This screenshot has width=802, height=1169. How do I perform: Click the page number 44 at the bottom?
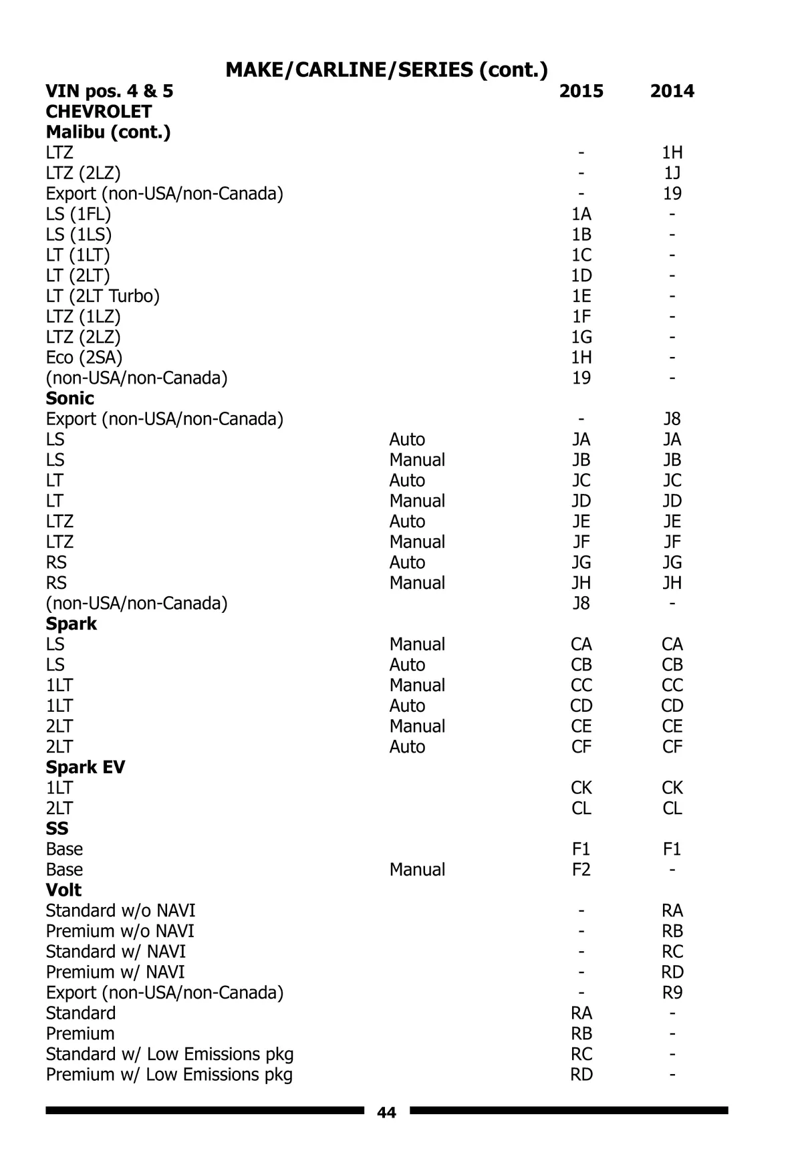pyautogui.click(x=386, y=1112)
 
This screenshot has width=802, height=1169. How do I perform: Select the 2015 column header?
pyautogui.click(x=581, y=91)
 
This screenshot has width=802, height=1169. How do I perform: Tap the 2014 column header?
pyautogui.click(x=672, y=91)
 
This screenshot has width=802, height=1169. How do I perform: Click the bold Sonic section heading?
pyautogui.click(x=70, y=398)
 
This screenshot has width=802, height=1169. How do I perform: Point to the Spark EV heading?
pyautogui.click(x=85, y=767)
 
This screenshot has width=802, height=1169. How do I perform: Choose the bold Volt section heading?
pyautogui.click(x=63, y=890)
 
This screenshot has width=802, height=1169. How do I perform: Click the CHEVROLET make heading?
pyautogui.click(x=98, y=112)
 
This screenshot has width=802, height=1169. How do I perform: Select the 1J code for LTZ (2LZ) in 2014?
pyautogui.click(x=672, y=173)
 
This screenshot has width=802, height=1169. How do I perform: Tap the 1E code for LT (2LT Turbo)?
pyautogui.click(x=581, y=296)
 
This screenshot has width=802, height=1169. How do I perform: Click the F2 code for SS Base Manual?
pyautogui.click(x=581, y=870)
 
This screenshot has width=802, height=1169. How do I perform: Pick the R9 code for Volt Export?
pyautogui.click(x=672, y=993)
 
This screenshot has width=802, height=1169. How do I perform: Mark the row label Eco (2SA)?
pyautogui.click(x=84, y=358)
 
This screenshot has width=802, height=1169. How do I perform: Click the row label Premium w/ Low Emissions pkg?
pyautogui.click(x=169, y=1074)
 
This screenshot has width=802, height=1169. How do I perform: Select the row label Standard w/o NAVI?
pyautogui.click(x=120, y=910)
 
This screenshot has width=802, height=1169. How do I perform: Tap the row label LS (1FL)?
pyautogui.click(x=78, y=214)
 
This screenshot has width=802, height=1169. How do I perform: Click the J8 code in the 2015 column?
pyautogui.click(x=581, y=604)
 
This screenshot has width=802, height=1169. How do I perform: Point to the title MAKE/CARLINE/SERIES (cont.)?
pyautogui.click(x=386, y=70)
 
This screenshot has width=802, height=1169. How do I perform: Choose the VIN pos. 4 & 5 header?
pyautogui.click(x=109, y=91)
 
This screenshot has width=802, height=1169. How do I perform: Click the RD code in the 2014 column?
pyautogui.click(x=672, y=972)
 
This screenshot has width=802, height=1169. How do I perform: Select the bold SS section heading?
pyautogui.click(x=57, y=828)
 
